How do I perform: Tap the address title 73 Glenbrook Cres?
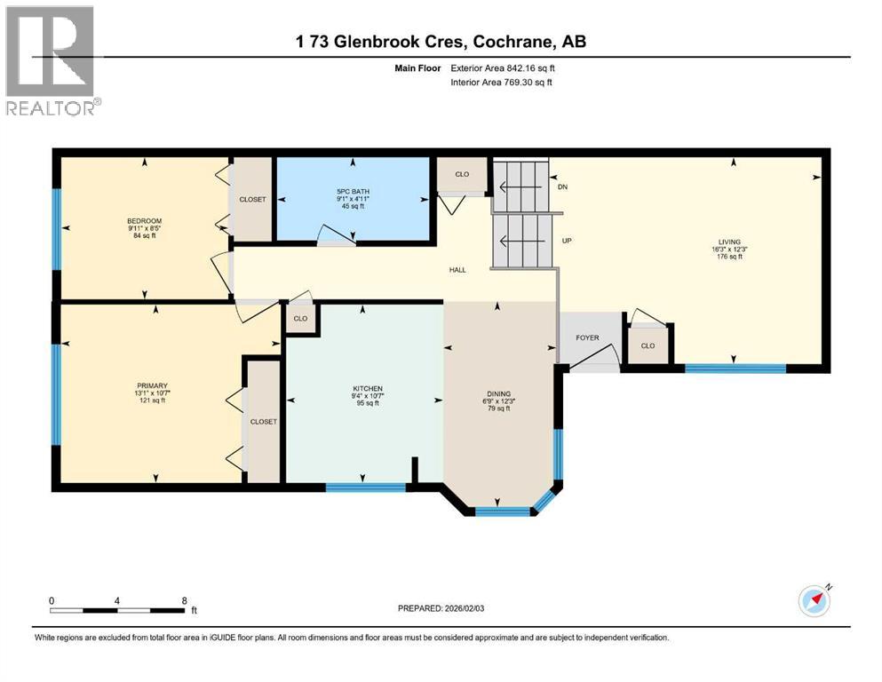[x=441, y=42]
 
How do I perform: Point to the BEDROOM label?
[x=144, y=221]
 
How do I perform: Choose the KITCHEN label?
[x=367, y=389]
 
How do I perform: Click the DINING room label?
[x=498, y=393]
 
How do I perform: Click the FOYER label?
[x=587, y=337]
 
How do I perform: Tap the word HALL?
[x=457, y=270]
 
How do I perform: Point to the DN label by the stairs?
[x=562, y=187]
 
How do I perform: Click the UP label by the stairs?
[x=566, y=241]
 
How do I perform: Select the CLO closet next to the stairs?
[x=462, y=174]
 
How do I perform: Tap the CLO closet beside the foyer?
[x=648, y=345]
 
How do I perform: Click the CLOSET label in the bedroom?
[x=253, y=200]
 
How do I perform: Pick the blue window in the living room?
[x=733, y=367]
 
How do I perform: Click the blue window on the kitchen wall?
[x=365, y=486]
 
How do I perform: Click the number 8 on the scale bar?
[x=184, y=600]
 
